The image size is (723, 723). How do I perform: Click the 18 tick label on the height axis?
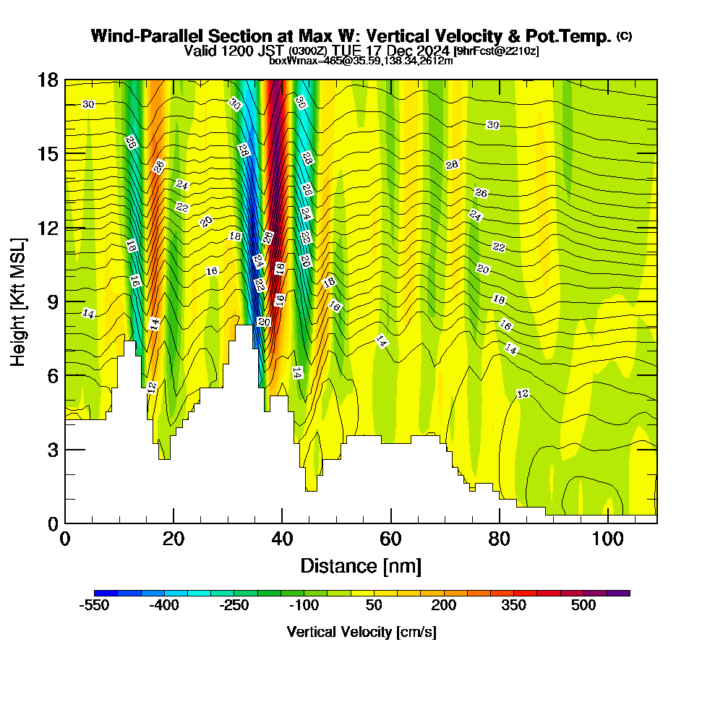pos(48,80)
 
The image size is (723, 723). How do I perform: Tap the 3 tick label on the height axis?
pos(52,450)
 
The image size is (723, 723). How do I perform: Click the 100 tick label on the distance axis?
pos(608,539)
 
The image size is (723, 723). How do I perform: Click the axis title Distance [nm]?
pos(361,565)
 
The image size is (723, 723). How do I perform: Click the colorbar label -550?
pos(94,606)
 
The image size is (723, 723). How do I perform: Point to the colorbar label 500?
pos(583,606)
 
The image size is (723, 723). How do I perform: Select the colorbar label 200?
pos(444,606)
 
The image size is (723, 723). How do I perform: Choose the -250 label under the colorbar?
pos(234,606)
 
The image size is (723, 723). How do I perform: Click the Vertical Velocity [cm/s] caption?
pos(361,632)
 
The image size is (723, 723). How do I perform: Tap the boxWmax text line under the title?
pos(361,61)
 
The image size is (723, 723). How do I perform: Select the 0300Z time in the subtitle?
pos(308,51)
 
